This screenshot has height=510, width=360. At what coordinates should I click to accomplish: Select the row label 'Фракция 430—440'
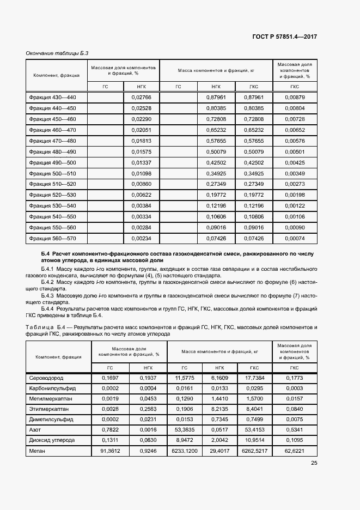coord(53,97)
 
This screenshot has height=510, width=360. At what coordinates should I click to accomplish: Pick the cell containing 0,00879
coord(295,97)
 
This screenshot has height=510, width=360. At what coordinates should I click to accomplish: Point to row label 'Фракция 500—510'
coord(53,173)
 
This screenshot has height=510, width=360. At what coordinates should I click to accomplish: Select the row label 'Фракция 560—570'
coord(53,238)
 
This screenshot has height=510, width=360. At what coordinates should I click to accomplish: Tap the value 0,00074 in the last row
coord(295,238)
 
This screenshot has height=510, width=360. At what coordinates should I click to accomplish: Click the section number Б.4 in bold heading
coord(45,254)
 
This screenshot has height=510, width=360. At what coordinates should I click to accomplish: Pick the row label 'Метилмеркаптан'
coord(48,398)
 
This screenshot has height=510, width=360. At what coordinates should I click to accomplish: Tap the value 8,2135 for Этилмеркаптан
coord(219,409)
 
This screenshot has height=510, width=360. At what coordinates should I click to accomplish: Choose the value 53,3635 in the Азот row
coord(185,429)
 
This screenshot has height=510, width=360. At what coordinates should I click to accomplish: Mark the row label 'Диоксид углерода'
coord(51,440)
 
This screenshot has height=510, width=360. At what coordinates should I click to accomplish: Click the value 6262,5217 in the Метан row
coord(254,451)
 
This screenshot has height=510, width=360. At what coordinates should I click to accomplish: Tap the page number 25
coord(314,463)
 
